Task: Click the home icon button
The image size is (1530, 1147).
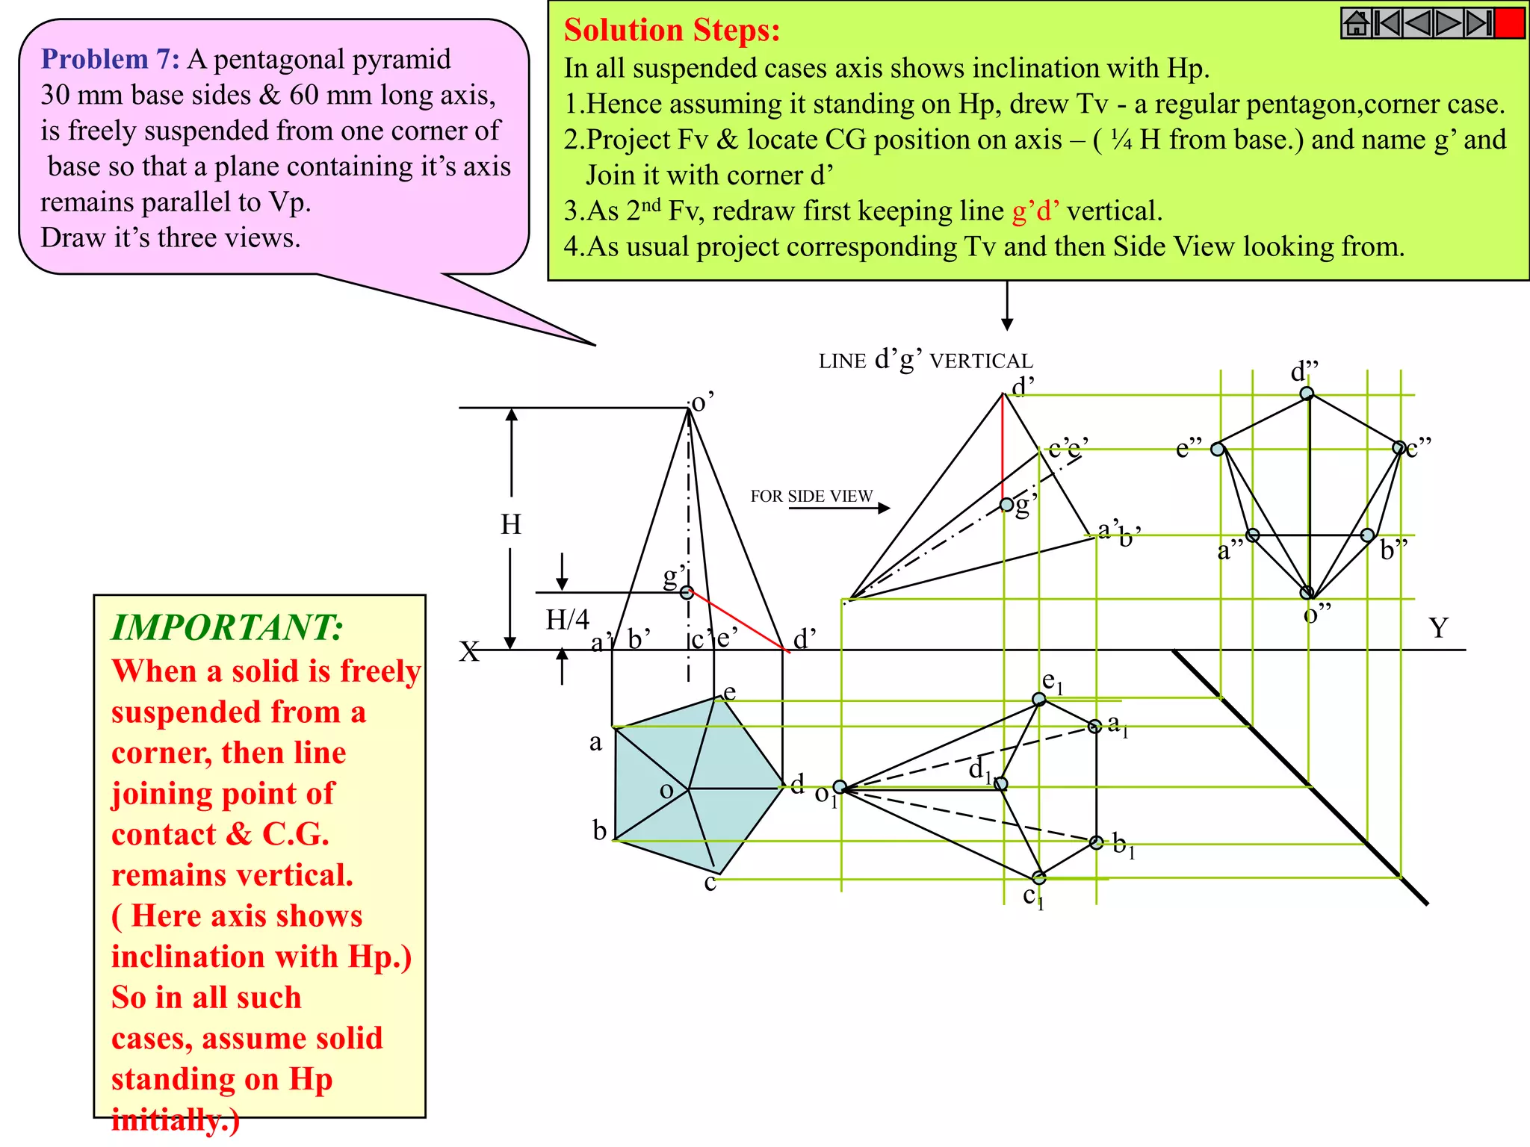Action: pos(1356,23)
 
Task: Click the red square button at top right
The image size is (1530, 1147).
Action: pos(1509,23)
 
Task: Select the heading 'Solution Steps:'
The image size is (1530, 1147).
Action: pos(672,31)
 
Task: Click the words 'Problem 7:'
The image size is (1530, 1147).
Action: pos(110,59)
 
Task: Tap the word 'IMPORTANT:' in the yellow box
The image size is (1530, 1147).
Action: pos(227,627)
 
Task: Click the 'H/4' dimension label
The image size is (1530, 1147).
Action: pos(567,619)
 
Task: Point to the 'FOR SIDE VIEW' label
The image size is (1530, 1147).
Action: pos(811,496)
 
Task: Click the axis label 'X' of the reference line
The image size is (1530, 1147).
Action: pos(469,651)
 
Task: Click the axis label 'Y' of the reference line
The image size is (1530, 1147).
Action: pos(1438,628)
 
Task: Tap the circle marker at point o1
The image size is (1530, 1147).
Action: pos(840,787)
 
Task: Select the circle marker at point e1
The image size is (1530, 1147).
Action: pos(1039,699)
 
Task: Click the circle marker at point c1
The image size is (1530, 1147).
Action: pos(1039,877)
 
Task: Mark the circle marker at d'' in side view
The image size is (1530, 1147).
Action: pos(1307,394)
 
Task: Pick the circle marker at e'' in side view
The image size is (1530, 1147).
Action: pos(1218,450)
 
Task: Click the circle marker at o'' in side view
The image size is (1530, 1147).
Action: pos(1307,593)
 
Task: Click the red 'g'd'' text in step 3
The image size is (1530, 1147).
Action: pos(1035,211)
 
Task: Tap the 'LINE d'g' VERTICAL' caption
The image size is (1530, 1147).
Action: pos(926,361)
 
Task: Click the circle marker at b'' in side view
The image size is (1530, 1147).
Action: pos(1367,535)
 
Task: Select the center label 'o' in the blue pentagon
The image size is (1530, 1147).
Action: pos(666,792)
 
